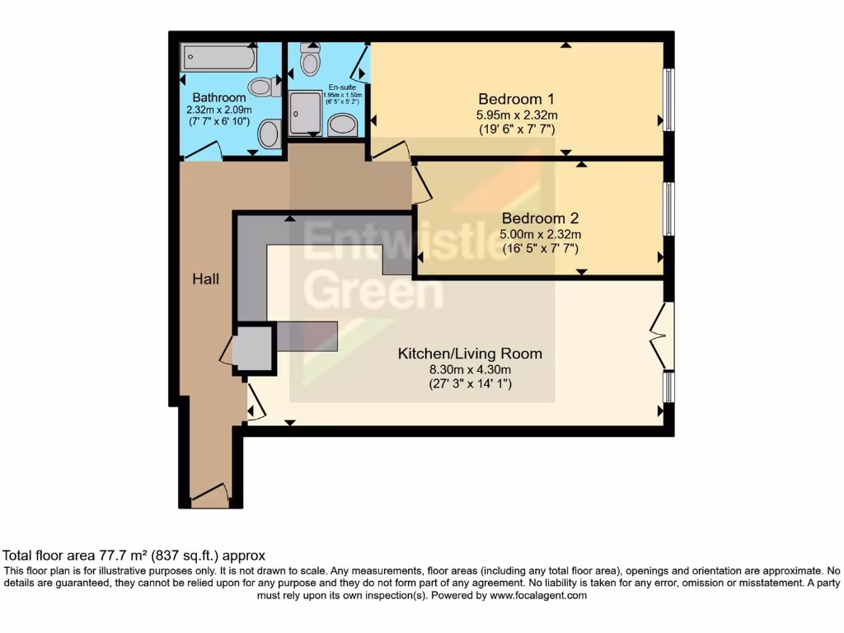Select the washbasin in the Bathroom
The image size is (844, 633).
tap(270, 134)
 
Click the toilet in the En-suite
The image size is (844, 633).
tap(311, 60)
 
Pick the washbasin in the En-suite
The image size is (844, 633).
tap(342, 125)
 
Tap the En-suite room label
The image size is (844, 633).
tap(342, 87)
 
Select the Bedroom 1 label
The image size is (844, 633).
tap(518, 99)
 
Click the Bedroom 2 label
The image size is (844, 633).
tap(540, 218)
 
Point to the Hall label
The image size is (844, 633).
tap(206, 279)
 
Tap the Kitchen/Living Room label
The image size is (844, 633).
tap(470, 354)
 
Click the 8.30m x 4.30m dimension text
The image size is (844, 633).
tap(470, 369)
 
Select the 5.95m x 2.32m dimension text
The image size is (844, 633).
tap(518, 115)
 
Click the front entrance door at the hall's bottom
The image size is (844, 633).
tap(210, 497)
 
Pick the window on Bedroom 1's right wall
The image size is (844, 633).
tap(669, 100)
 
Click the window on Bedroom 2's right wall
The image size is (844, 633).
tap(669, 209)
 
